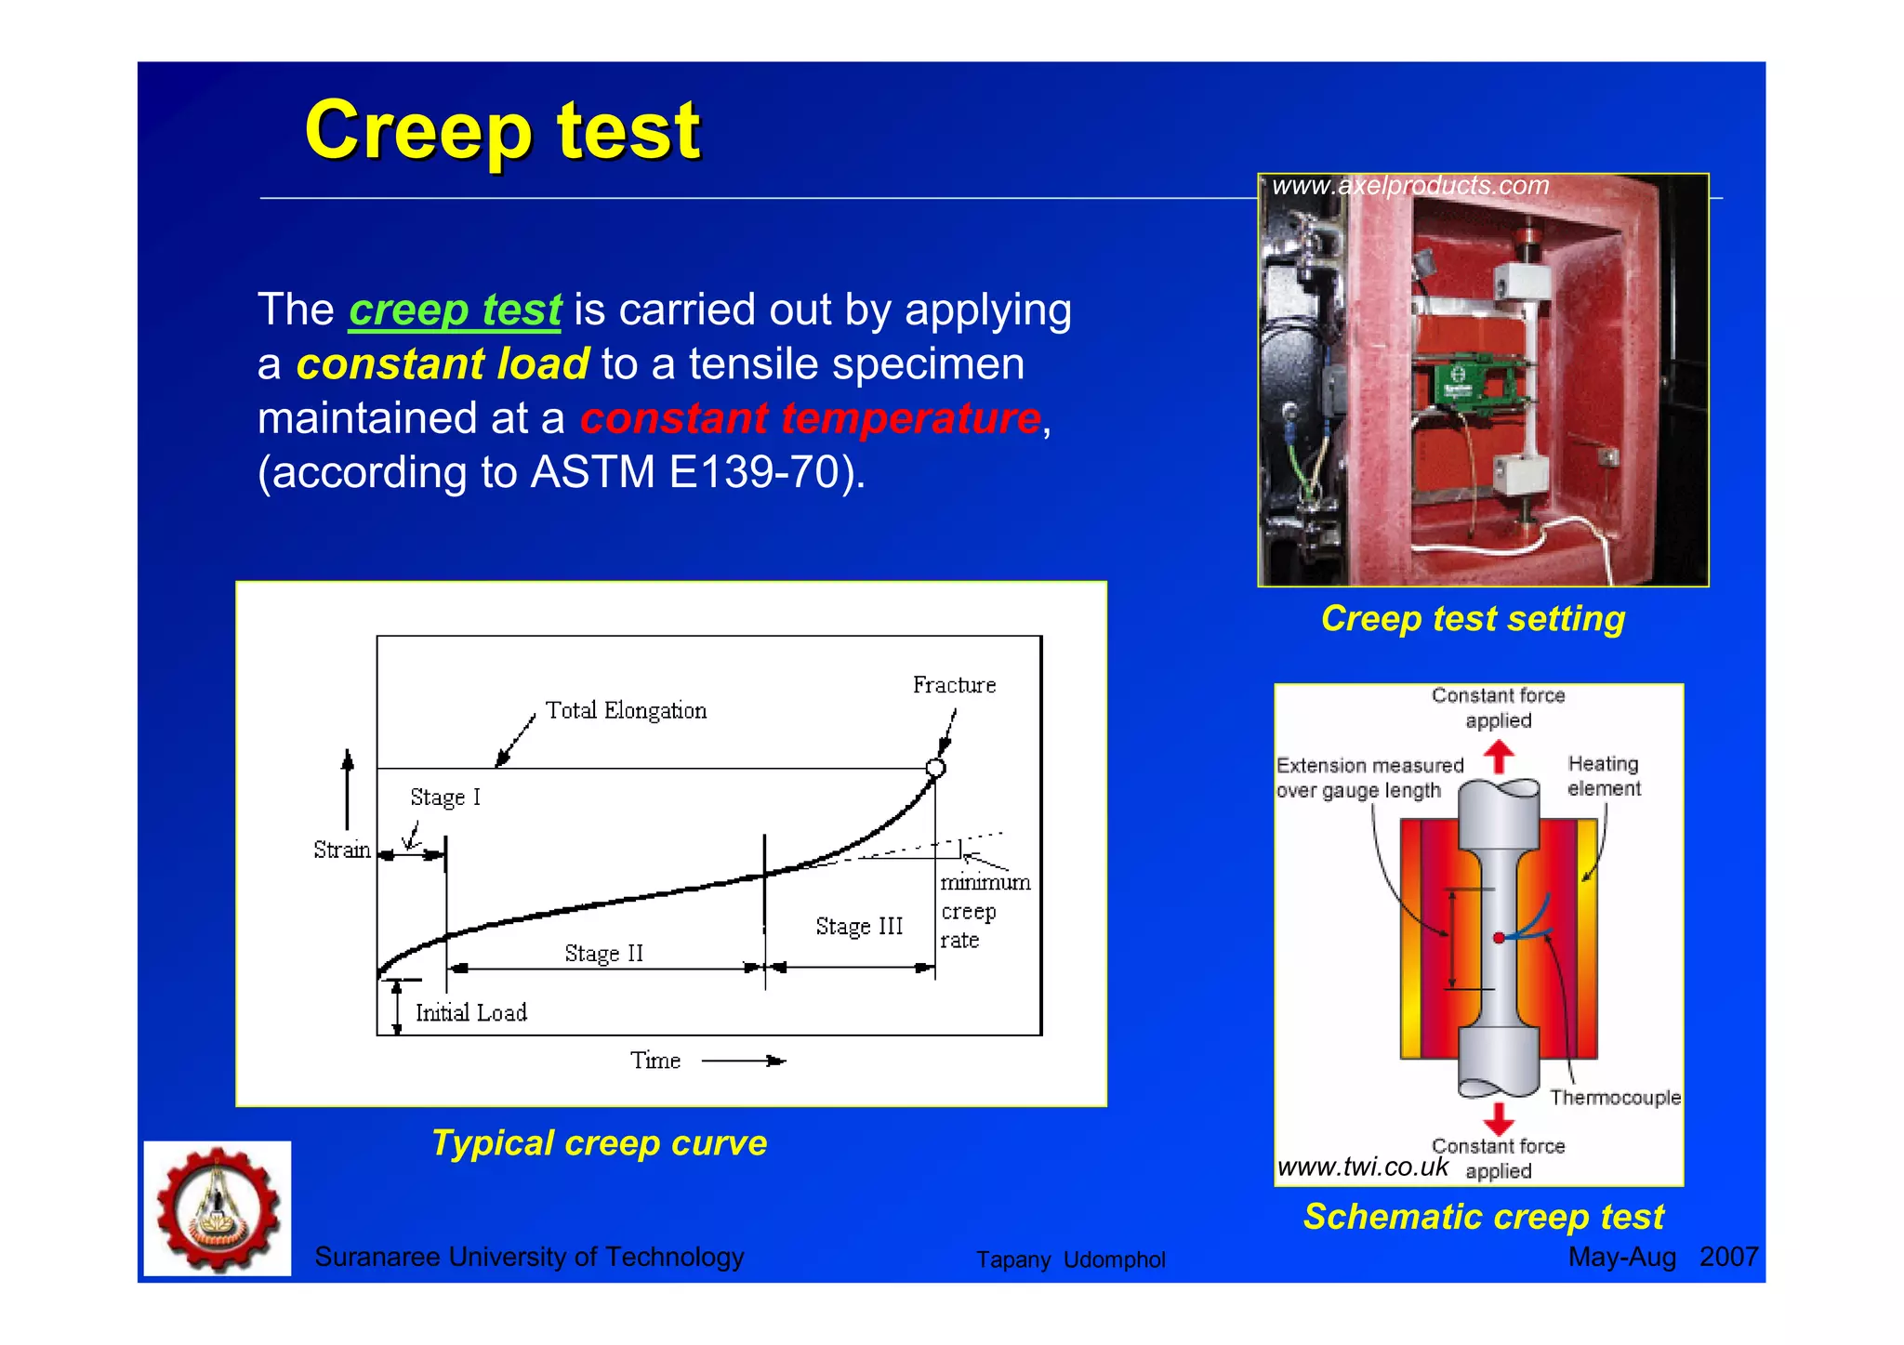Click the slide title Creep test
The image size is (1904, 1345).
[x=502, y=131]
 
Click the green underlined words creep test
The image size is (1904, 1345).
[x=455, y=310]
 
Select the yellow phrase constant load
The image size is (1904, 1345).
[x=443, y=364]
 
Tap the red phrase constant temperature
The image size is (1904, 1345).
[x=810, y=418]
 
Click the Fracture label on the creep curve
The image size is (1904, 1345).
[x=954, y=686]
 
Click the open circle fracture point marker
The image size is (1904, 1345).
[x=936, y=768]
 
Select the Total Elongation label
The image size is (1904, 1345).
[x=626, y=711]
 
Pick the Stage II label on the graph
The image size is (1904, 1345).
[x=603, y=954]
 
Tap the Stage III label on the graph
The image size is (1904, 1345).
[x=859, y=927]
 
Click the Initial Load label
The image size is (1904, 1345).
[x=470, y=1013]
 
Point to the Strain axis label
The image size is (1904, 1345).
[x=341, y=851]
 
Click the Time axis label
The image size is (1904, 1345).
[x=655, y=1061]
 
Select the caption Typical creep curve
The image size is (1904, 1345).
[x=600, y=1143]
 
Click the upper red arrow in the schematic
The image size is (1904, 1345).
[x=1499, y=756]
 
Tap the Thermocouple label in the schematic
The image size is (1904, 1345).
[x=1615, y=1098]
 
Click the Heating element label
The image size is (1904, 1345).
[x=1604, y=776]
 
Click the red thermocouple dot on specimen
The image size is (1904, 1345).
[x=1499, y=938]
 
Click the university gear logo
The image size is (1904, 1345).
[x=218, y=1208]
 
